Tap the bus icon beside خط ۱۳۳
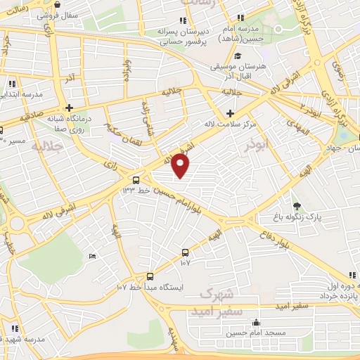click(136, 180)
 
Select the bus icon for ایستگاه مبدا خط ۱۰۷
click(150, 276)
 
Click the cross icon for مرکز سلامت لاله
click(231, 113)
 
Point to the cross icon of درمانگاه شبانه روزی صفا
click(69, 108)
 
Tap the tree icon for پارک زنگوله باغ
click(297, 205)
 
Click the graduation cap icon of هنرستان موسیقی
click(238, 56)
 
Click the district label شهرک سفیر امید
click(221, 300)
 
